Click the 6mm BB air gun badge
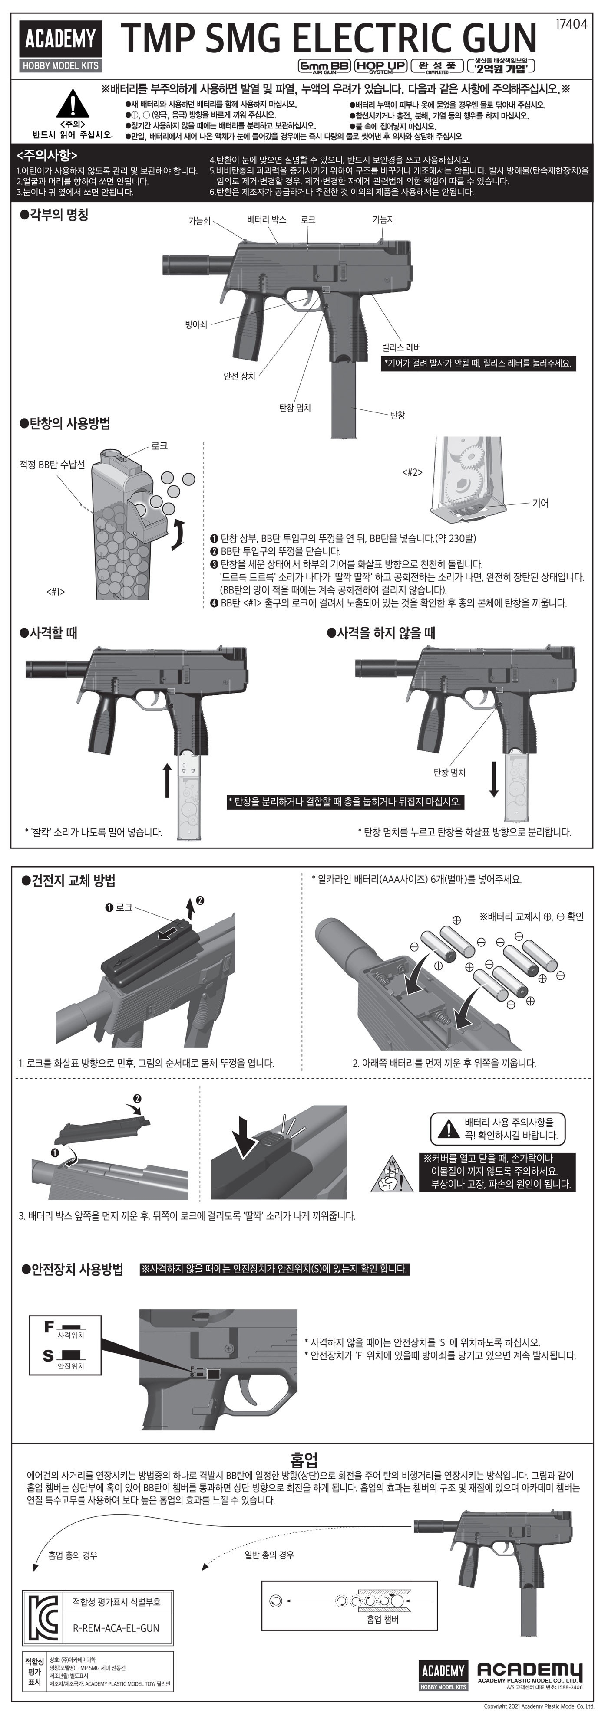tap(324, 66)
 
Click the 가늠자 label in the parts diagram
tap(383, 219)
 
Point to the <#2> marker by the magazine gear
tap(412, 472)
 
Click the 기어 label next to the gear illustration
tap(540, 502)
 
